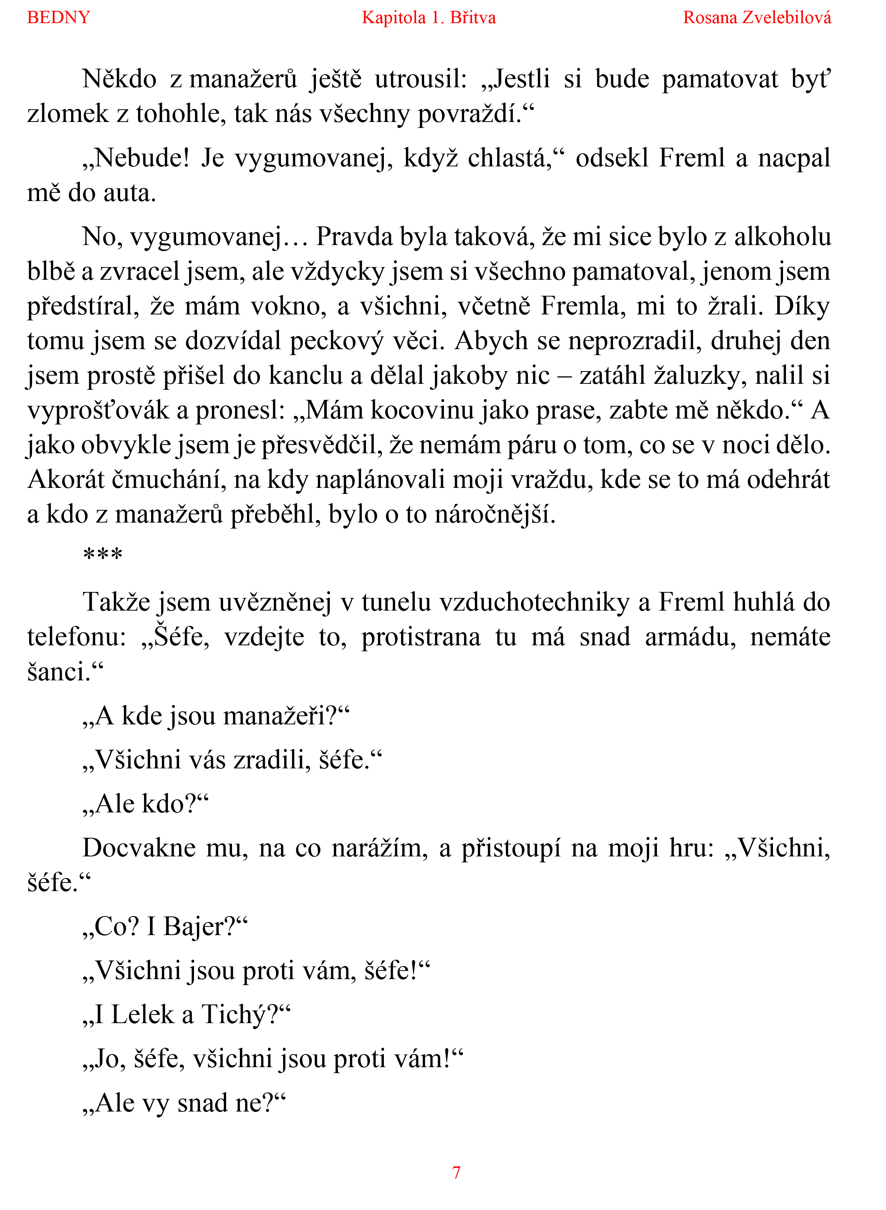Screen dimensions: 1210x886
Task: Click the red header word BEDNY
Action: click(59, 18)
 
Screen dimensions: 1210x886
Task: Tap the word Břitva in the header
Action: click(473, 18)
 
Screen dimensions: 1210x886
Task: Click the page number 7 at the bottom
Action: click(456, 1172)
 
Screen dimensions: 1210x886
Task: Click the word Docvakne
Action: click(139, 849)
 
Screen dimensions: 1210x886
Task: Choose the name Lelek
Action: click(143, 1015)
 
